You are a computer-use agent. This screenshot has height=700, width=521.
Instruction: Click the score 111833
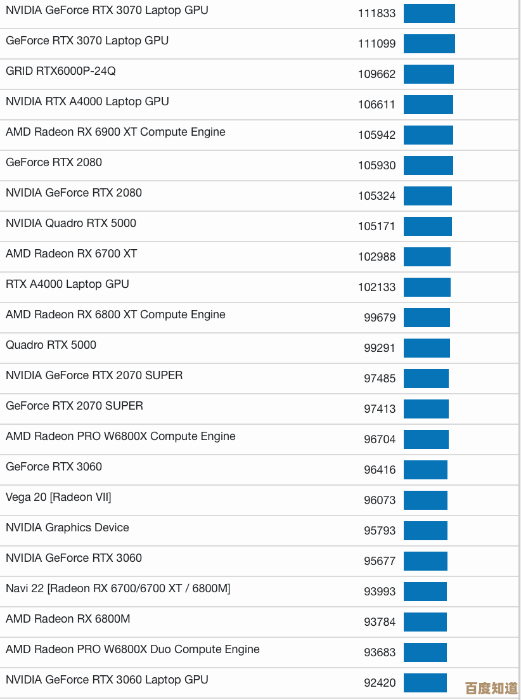tap(376, 13)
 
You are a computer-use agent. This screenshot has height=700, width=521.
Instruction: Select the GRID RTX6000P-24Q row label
tap(61, 71)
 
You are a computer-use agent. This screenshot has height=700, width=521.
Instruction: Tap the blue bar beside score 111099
tap(429, 44)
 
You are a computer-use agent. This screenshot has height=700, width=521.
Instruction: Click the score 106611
tap(376, 105)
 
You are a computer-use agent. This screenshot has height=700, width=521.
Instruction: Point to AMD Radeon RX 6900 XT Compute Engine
tap(115, 132)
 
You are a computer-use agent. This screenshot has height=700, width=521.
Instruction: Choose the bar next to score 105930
tap(428, 165)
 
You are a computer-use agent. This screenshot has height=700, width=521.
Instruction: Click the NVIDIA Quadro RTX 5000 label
tap(71, 223)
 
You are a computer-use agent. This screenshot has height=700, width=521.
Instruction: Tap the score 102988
tap(376, 257)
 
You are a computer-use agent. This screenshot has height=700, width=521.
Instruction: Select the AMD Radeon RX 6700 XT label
tap(72, 254)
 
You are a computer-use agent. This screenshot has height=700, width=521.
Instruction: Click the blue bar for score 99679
tap(427, 318)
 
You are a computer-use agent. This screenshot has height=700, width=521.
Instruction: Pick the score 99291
tap(380, 348)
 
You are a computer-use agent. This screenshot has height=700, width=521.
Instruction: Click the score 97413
tap(380, 409)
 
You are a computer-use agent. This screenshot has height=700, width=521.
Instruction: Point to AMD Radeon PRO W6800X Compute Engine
tap(120, 436)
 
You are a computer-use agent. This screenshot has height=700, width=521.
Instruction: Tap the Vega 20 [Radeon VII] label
tap(58, 497)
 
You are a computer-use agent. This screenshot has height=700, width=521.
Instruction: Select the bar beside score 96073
tap(425, 500)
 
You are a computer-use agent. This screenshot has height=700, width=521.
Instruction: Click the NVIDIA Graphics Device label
tap(67, 528)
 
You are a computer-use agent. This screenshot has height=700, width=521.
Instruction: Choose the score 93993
tap(380, 592)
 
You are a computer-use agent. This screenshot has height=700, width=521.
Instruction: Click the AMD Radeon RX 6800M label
tap(68, 619)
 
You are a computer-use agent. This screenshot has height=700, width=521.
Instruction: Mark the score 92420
tap(380, 683)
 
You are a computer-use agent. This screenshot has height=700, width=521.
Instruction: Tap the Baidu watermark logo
tap(491, 688)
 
